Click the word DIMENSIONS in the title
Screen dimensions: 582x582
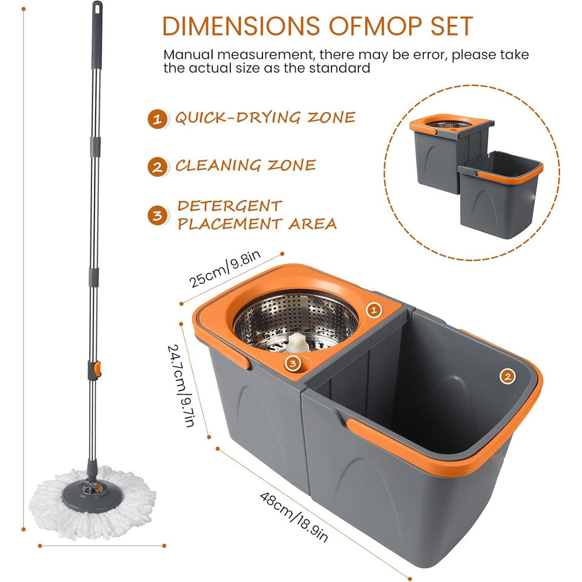[241, 26]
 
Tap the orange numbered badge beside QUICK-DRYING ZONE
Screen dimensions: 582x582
[158, 119]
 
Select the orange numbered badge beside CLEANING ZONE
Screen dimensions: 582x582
[158, 167]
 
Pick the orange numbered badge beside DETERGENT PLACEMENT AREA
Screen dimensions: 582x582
[158, 215]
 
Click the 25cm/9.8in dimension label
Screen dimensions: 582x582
[225, 269]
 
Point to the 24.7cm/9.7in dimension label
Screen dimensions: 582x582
[181, 386]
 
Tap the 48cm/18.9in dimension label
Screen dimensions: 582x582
[294, 517]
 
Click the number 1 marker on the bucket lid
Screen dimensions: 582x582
[374, 310]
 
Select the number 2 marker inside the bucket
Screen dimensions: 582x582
[507, 376]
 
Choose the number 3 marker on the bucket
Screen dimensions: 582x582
[293, 363]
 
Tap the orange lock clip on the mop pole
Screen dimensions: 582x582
[97, 369]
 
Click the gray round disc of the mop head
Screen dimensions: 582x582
[92, 496]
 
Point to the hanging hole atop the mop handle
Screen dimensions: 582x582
[97, 7]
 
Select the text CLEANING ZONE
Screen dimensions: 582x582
[246, 166]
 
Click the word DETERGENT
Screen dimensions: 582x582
[230, 206]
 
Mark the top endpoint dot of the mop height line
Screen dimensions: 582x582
[24, 9]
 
